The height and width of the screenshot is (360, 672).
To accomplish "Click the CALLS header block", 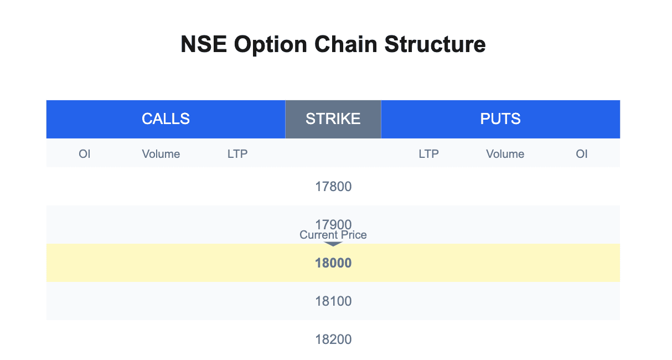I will coord(166,119).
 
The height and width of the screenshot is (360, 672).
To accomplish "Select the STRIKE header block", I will coord(333,119).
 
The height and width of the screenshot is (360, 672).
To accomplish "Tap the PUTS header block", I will coord(500,119).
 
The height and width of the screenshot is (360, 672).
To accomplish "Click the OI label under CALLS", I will coord(85,154).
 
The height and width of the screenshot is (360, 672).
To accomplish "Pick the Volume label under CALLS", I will coord(161,154).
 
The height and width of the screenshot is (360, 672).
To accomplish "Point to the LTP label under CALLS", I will coord(237,154).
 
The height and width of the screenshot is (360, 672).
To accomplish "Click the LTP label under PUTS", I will coord(429,154).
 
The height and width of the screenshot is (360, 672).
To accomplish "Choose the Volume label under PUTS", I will coord(505,154).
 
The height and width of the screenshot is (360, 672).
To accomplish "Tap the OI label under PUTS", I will coord(582,154).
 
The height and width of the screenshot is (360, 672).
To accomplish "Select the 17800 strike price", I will coord(333,187).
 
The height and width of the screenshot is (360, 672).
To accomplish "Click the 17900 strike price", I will coord(333,224).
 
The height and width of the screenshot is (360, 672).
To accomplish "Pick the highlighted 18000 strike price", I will coord(333,263).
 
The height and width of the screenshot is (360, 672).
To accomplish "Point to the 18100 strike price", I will coord(333,301).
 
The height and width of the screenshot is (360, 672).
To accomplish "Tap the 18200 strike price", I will coord(333,340).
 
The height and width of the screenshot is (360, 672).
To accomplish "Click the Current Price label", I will coord(333,235).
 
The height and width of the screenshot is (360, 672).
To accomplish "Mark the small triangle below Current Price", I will coord(333,244).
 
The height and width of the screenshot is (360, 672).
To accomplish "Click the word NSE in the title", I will coord(204,44).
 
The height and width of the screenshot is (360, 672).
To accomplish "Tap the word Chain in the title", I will coord(346,44).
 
